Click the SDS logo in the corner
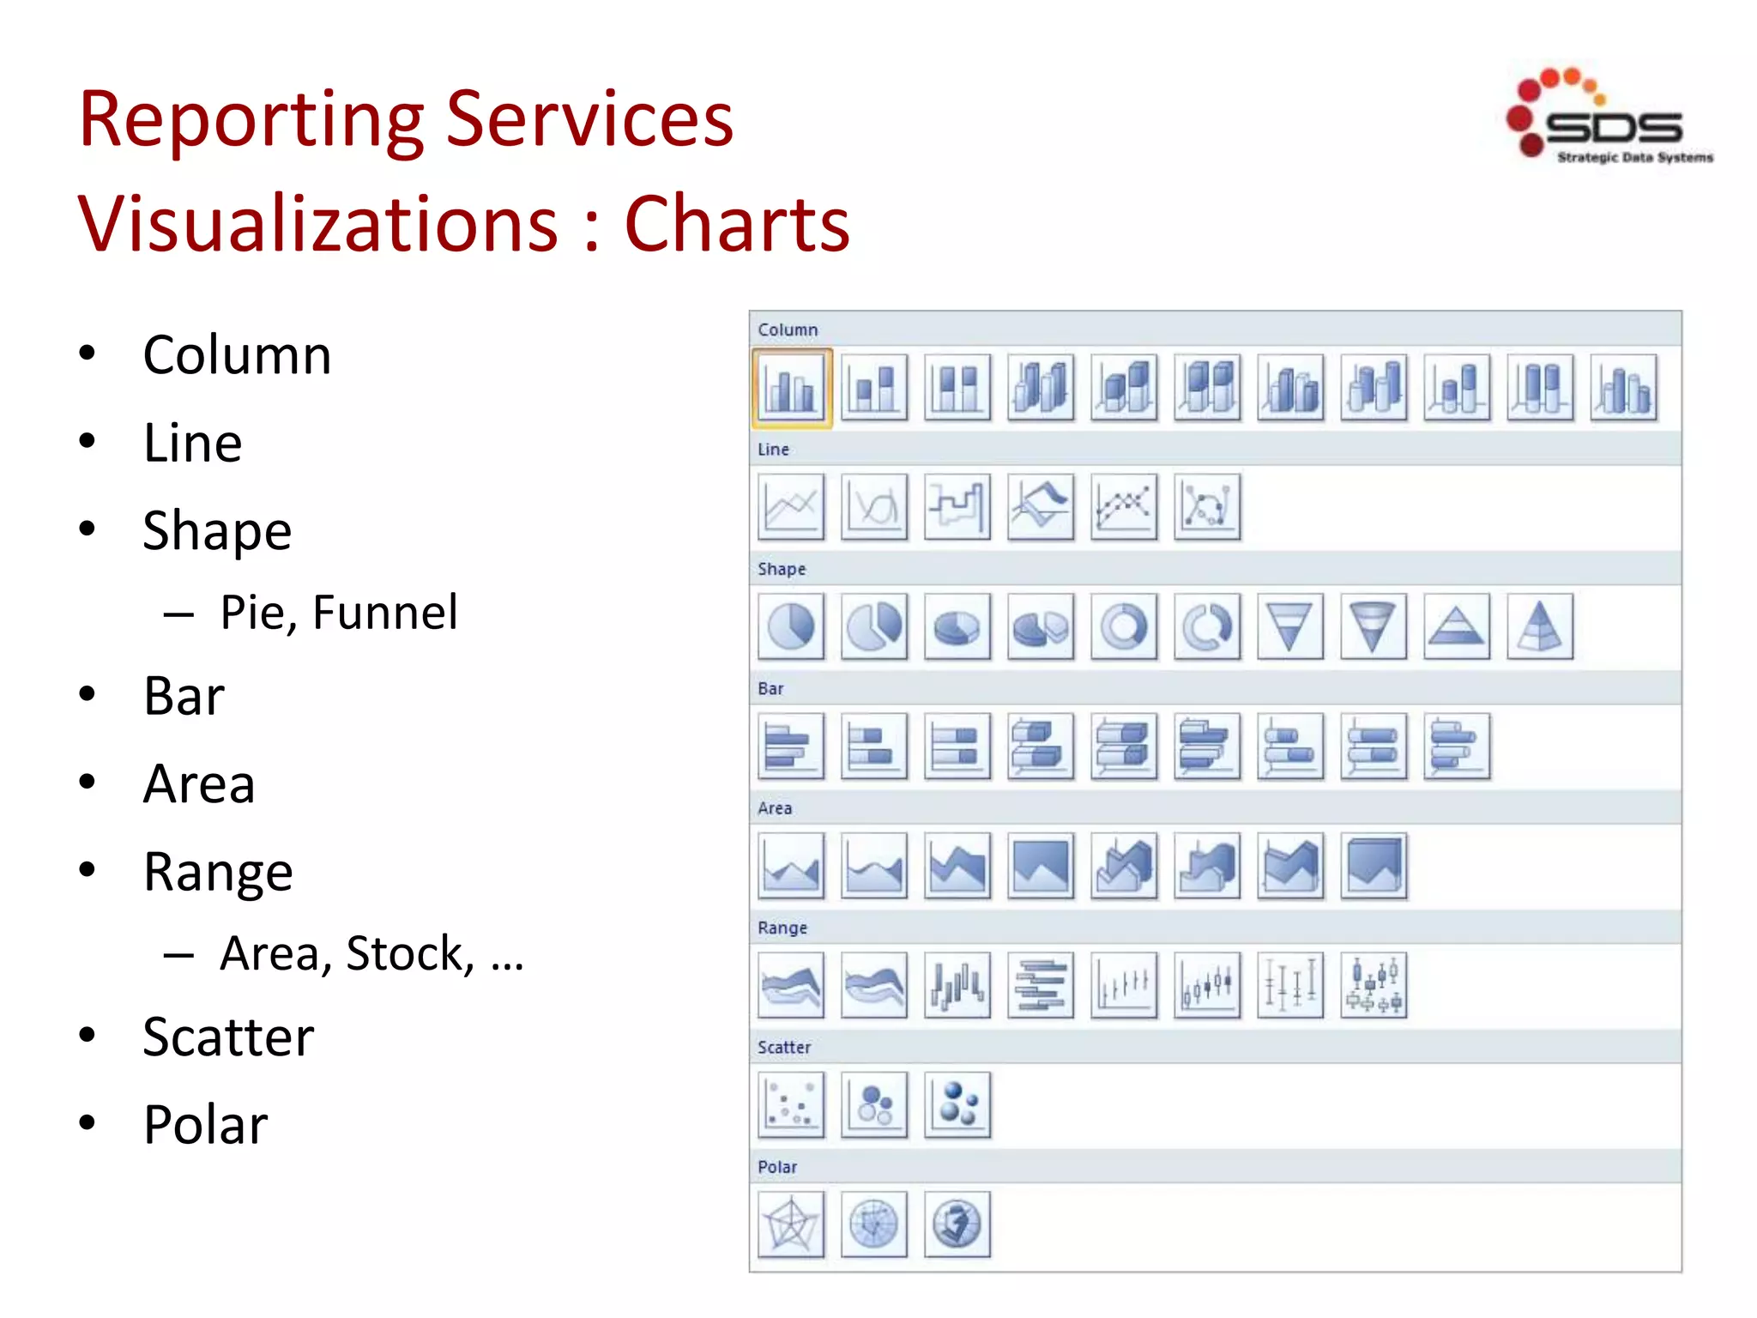click(1609, 116)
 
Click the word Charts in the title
click(737, 225)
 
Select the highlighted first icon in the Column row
click(791, 388)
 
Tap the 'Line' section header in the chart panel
click(773, 450)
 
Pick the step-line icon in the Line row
click(957, 506)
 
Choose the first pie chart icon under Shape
click(791, 626)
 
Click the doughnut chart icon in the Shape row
click(1124, 626)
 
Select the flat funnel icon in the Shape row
click(1290, 626)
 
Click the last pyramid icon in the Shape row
click(1540, 626)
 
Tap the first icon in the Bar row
click(791, 746)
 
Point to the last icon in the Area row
click(1374, 866)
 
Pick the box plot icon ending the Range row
click(1374, 985)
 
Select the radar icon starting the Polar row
click(791, 1224)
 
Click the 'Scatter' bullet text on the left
click(228, 1037)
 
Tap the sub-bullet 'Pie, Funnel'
click(339, 613)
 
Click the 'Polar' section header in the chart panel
click(777, 1167)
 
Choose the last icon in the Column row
click(1623, 388)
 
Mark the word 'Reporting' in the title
click(251, 119)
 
